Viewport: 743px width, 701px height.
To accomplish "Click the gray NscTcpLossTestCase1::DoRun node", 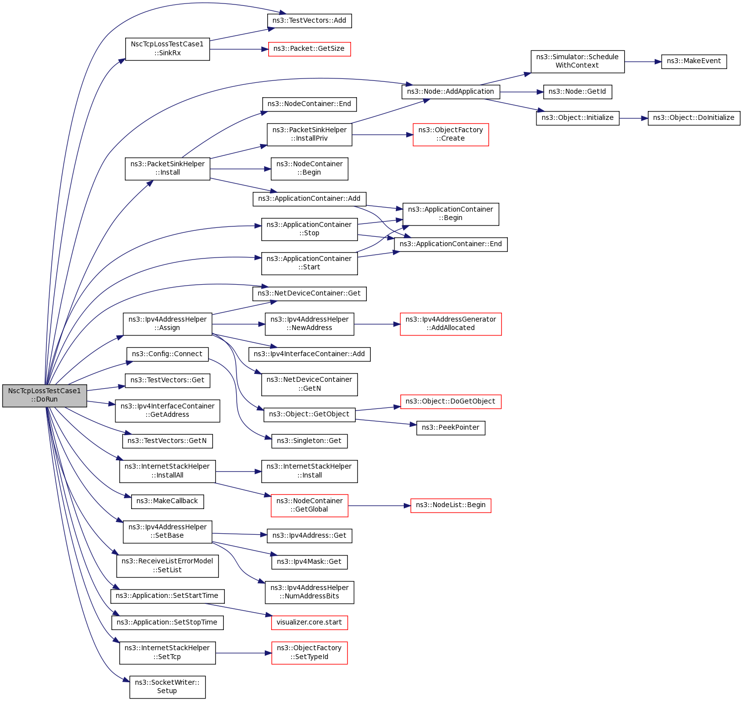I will (44, 395).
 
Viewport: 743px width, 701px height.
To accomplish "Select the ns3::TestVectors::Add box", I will (309, 21).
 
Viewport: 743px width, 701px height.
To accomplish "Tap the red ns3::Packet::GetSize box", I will (309, 49).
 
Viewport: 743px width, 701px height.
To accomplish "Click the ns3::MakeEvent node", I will (694, 61).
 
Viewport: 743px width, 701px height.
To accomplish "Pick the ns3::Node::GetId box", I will (577, 92).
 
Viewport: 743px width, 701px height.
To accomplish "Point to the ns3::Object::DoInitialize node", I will (694, 118).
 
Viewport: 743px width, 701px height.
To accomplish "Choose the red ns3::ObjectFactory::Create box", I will (451, 134).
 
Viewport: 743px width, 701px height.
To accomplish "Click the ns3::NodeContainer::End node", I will (309, 104).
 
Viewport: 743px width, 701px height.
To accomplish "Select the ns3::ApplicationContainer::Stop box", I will (309, 229).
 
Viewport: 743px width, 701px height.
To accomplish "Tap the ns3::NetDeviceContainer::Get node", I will (309, 294).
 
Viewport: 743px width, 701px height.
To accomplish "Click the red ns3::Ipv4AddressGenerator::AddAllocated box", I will (451, 324).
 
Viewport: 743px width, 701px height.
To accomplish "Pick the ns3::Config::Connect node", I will (167, 354).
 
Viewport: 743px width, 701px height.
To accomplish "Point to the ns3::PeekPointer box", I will (451, 428).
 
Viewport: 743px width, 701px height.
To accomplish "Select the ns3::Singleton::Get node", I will (309, 441).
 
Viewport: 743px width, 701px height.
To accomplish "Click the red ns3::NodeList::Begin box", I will (451, 505).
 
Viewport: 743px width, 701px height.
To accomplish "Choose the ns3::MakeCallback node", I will (167, 501).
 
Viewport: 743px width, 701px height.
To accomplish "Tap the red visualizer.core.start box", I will (309, 623).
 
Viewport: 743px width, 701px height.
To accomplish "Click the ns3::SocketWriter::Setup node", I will (167, 687).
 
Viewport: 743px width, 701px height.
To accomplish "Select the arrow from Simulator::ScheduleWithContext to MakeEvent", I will (642, 62).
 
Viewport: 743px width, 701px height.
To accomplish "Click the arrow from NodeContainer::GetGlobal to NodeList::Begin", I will (379, 506).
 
